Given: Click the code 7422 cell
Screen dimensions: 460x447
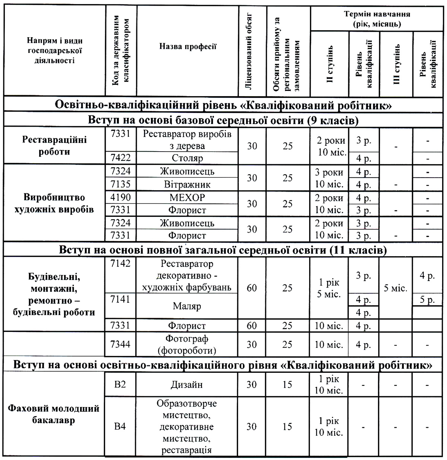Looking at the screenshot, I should pyautogui.click(x=121, y=158).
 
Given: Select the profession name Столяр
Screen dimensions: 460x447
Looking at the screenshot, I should pyautogui.click(x=187, y=158).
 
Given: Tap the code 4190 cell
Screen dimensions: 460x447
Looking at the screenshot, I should pyautogui.click(x=121, y=197).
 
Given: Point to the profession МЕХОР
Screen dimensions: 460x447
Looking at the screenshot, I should pyautogui.click(x=187, y=197).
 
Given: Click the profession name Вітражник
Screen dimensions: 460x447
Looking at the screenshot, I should pyautogui.click(x=187, y=184).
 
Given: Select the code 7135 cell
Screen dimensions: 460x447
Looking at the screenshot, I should pyautogui.click(x=121, y=184).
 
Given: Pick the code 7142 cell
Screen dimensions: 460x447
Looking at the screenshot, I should pyautogui.click(x=121, y=264).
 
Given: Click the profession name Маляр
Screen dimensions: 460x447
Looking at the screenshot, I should pyautogui.click(x=187, y=306).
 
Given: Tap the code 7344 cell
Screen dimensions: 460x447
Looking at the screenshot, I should pyautogui.click(x=121, y=344).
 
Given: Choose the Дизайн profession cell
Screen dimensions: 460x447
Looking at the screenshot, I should pyautogui.click(x=187, y=384).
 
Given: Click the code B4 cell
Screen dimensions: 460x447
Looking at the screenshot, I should pyautogui.click(x=120, y=426).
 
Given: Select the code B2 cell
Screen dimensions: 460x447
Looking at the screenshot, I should pyautogui.click(x=120, y=384).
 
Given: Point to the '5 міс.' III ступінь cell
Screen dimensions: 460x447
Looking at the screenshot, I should pyautogui.click(x=396, y=288).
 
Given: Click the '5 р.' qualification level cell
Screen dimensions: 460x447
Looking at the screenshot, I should pyautogui.click(x=427, y=300).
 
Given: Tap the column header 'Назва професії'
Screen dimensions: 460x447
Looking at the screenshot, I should pyautogui.click(x=187, y=47).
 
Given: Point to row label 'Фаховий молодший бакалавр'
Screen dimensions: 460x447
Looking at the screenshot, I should pyautogui.click(x=54, y=415).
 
